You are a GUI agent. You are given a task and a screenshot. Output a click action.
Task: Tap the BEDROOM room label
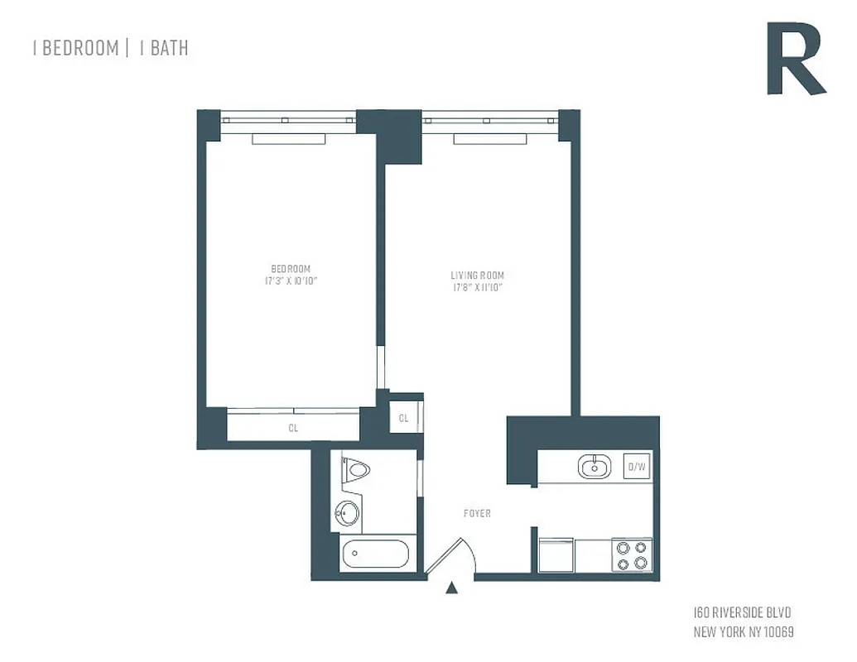click(x=291, y=269)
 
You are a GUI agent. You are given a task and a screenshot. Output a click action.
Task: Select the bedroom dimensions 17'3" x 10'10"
click(x=291, y=281)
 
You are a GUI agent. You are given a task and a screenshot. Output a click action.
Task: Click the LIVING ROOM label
click(x=477, y=276)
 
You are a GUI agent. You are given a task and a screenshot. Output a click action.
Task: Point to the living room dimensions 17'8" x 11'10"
click(x=477, y=288)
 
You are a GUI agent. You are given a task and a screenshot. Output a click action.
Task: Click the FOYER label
click(x=477, y=514)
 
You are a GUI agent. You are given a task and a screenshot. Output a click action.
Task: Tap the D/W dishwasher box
click(x=636, y=467)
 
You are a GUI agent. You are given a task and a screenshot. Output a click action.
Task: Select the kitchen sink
click(x=594, y=467)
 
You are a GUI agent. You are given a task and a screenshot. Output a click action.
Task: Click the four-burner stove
click(x=631, y=554)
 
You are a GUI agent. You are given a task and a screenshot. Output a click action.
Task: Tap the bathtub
click(x=375, y=554)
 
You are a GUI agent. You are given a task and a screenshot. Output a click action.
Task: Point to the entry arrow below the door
click(x=451, y=589)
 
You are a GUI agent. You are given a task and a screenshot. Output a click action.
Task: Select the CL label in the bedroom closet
click(x=293, y=429)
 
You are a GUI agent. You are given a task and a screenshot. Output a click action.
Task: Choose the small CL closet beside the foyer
click(x=404, y=418)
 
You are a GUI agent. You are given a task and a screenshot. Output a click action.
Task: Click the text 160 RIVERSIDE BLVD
click(x=742, y=613)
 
